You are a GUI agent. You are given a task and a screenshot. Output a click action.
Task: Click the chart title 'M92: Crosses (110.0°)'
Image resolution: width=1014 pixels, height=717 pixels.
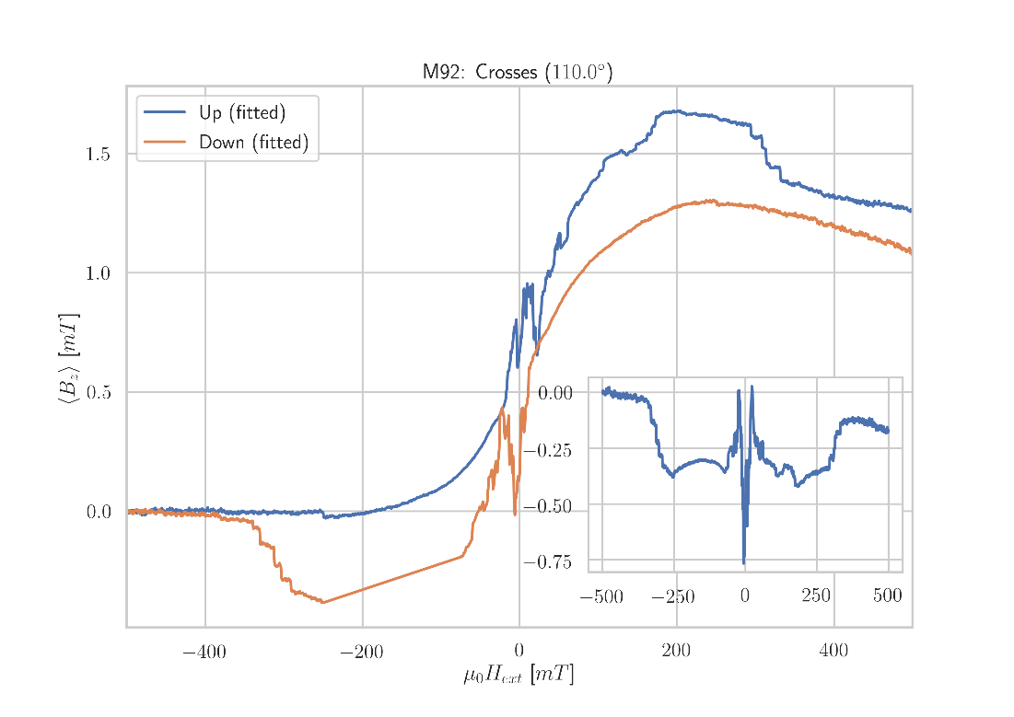coord(518,73)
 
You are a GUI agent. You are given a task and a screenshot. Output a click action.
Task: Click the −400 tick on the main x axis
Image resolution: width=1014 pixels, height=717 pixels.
coord(204,653)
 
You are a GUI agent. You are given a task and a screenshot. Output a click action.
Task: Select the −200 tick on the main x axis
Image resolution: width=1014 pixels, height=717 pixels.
coord(362,653)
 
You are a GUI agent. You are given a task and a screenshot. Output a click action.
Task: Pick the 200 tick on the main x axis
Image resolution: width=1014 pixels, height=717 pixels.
coord(676,653)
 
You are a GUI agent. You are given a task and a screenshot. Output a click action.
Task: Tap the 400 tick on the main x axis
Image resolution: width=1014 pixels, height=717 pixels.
coord(833,653)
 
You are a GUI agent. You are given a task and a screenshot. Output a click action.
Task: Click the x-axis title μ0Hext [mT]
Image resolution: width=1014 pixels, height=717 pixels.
coord(519,677)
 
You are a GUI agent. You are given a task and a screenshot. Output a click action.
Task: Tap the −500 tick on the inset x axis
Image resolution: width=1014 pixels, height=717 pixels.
coord(601,597)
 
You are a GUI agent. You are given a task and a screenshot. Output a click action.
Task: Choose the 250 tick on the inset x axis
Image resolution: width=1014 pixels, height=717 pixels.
coord(816,597)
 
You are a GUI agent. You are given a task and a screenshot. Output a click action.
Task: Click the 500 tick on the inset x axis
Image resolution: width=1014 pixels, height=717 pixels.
coord(888,597)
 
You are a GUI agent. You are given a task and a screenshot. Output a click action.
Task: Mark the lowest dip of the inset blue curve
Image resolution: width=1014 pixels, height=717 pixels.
coord(744,563)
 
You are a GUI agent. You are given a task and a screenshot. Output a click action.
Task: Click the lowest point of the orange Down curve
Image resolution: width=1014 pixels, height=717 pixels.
coord(323,603)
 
